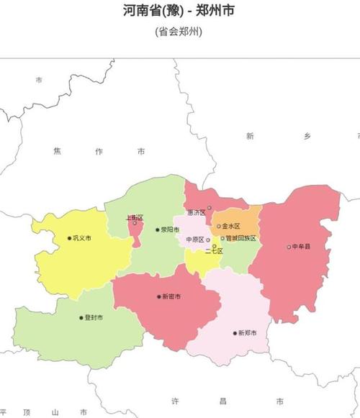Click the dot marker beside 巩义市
click(x=70, y=238)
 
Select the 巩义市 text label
click(x=83, y=238)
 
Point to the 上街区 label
click(x=135, y=217)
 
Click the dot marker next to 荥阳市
click(x=158, y=230)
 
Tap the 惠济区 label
click(x=195, y=212)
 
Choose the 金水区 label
click(x=231, y=226)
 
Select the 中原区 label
click(x=195, y=239)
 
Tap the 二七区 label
click(x=214, y=251)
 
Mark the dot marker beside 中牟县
click(x=289, y=247)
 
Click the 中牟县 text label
click(x=302, y=247)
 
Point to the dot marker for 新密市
click(x=160, y=296)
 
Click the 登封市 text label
click(x=94, y=317)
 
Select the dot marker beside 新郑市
click(x=235, y=332)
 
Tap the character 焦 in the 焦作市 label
click(x=57, y=151)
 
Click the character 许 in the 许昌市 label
click(x=175, y=400)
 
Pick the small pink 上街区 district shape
click(x=134, y=234)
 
